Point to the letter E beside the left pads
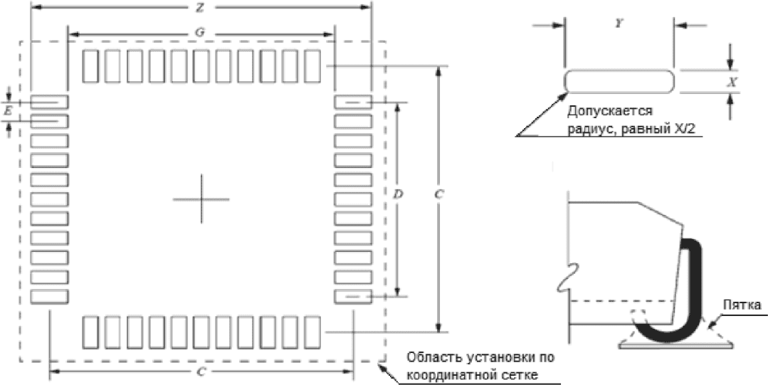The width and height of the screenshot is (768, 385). click(x=8, y=112)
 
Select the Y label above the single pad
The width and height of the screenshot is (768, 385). click(x=619, y=24)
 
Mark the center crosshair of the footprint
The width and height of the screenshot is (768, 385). click(x=201, y=199)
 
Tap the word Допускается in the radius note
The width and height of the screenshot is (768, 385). click(x=610, y=112)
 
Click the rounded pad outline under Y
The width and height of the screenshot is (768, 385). click(x=619, y=80)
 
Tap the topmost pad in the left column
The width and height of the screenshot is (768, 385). click(x=49, y=102)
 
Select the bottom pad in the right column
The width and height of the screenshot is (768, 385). click(x=352, y=295)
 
